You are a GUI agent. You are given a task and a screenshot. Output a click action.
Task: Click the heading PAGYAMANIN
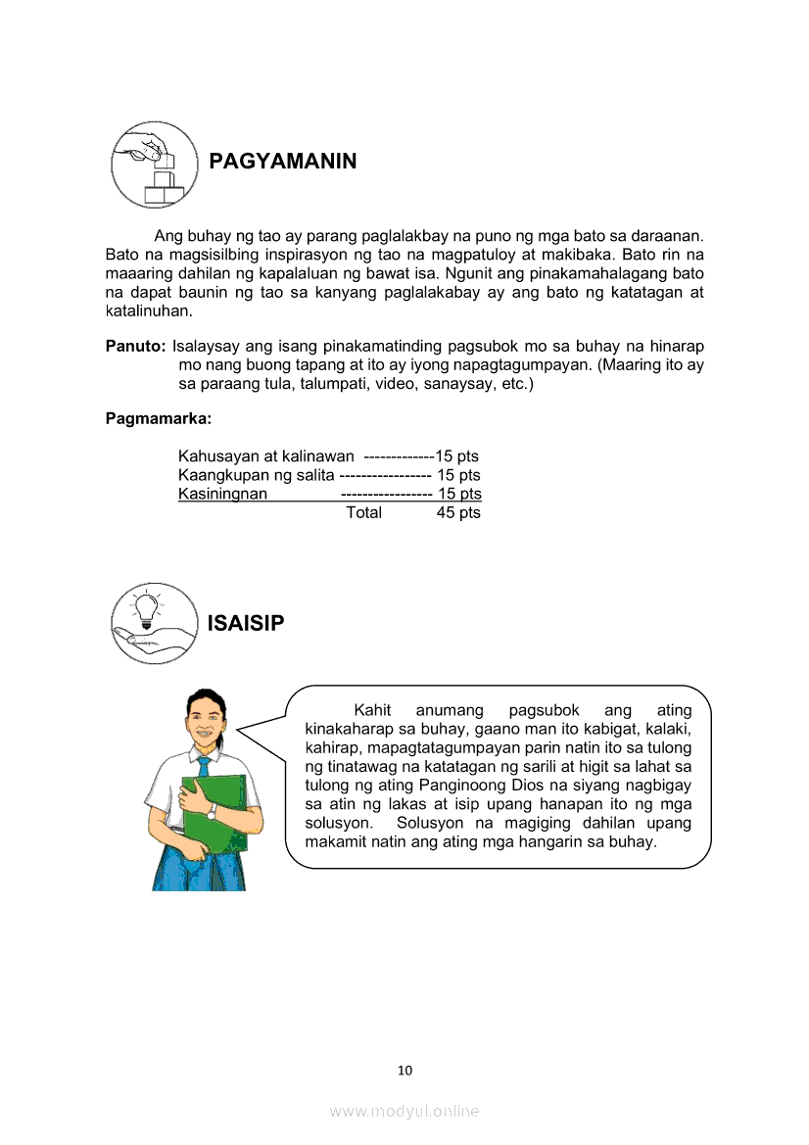(x=282, y=162)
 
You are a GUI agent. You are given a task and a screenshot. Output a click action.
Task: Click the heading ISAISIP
(x=246, y=623)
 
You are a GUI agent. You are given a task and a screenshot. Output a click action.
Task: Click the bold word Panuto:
(x=135, y=347)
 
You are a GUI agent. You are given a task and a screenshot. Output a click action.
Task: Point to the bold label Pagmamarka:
(x=158, y=419)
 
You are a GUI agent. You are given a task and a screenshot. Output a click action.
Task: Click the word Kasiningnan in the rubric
(x=222, y=494)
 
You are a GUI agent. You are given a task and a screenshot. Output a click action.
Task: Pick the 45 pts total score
(x=458, y=512)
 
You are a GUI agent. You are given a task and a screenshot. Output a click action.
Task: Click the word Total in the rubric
(x=363, y=512)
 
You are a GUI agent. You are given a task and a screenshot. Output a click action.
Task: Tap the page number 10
(x=404, y=1071)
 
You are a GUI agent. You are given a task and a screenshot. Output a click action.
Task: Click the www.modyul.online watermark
(x=404, y=1111)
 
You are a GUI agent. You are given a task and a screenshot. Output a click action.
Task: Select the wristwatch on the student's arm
(x=211, y=811)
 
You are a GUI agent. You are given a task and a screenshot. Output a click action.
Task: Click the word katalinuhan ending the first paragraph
(x=149, y=311)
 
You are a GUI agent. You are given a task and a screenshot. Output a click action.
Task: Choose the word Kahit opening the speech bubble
(x=372, y=710)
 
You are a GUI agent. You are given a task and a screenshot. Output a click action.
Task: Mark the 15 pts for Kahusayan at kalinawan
(x=457, y=456)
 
